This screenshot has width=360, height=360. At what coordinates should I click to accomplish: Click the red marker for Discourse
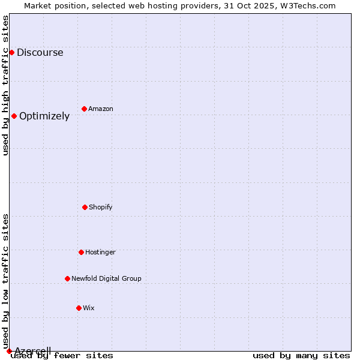coord(11,53)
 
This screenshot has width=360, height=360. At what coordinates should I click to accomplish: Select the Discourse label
coord(40,53)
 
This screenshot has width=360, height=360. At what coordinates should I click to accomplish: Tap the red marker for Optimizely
coord(14,116)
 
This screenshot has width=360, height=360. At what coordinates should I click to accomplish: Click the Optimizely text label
coord(44,116)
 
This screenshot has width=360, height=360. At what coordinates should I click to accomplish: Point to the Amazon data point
coord(84,109)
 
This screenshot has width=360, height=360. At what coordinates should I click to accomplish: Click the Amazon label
coord(101,109)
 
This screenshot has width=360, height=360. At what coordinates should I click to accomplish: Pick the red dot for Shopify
coord(85,208)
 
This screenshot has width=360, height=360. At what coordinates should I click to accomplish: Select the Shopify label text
coord(101,208)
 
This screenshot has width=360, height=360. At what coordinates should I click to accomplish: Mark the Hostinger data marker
coord(81,253)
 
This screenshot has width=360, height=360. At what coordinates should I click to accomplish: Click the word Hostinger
coord(100,253)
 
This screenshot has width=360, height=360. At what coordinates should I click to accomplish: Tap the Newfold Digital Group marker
coord(67,279)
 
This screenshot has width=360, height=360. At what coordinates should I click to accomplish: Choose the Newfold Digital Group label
coord(106,279)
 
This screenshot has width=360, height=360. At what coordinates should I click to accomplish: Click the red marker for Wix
coord(79,308)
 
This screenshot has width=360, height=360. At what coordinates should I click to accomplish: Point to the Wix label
coord(89,308)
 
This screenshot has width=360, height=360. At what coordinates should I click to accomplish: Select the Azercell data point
coord(9,351)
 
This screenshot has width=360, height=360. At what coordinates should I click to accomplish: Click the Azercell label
coord(33,351)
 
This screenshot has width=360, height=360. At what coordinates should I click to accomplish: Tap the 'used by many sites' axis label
coord(301,356)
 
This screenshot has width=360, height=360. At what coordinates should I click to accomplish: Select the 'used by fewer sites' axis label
coord(62,356)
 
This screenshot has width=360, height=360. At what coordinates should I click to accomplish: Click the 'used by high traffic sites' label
coord(6,85)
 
